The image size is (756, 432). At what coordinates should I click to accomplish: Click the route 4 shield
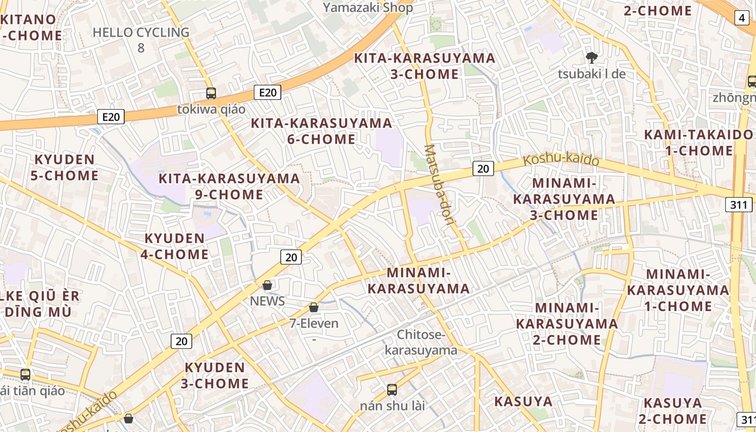point(741,18)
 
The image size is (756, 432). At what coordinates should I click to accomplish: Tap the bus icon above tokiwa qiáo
point(211,93)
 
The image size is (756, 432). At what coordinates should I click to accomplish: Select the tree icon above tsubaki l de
point(592,57)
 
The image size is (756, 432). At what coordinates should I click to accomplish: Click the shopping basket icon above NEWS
point(267,285)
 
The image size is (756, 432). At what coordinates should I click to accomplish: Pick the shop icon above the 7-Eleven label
point(314,307)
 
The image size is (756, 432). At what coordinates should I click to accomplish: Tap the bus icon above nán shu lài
point(392,389)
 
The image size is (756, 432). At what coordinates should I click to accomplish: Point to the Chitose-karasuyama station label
point(421,342)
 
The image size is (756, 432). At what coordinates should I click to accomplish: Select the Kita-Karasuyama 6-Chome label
point(321,131)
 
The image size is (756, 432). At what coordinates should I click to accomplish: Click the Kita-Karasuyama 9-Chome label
point(229,186)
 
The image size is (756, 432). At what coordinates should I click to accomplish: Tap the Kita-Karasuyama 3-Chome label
point(424,66)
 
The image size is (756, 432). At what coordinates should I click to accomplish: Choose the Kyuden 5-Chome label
point(65,167)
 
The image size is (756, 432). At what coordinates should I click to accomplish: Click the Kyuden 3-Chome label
point(215,376)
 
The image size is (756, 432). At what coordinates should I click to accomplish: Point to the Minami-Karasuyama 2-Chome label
point(567,323)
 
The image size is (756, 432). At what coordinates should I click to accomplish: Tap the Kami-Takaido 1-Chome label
point(698,143)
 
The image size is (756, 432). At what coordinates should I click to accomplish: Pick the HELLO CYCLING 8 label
point(141,39)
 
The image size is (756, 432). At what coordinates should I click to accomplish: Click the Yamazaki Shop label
point(368,7)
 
